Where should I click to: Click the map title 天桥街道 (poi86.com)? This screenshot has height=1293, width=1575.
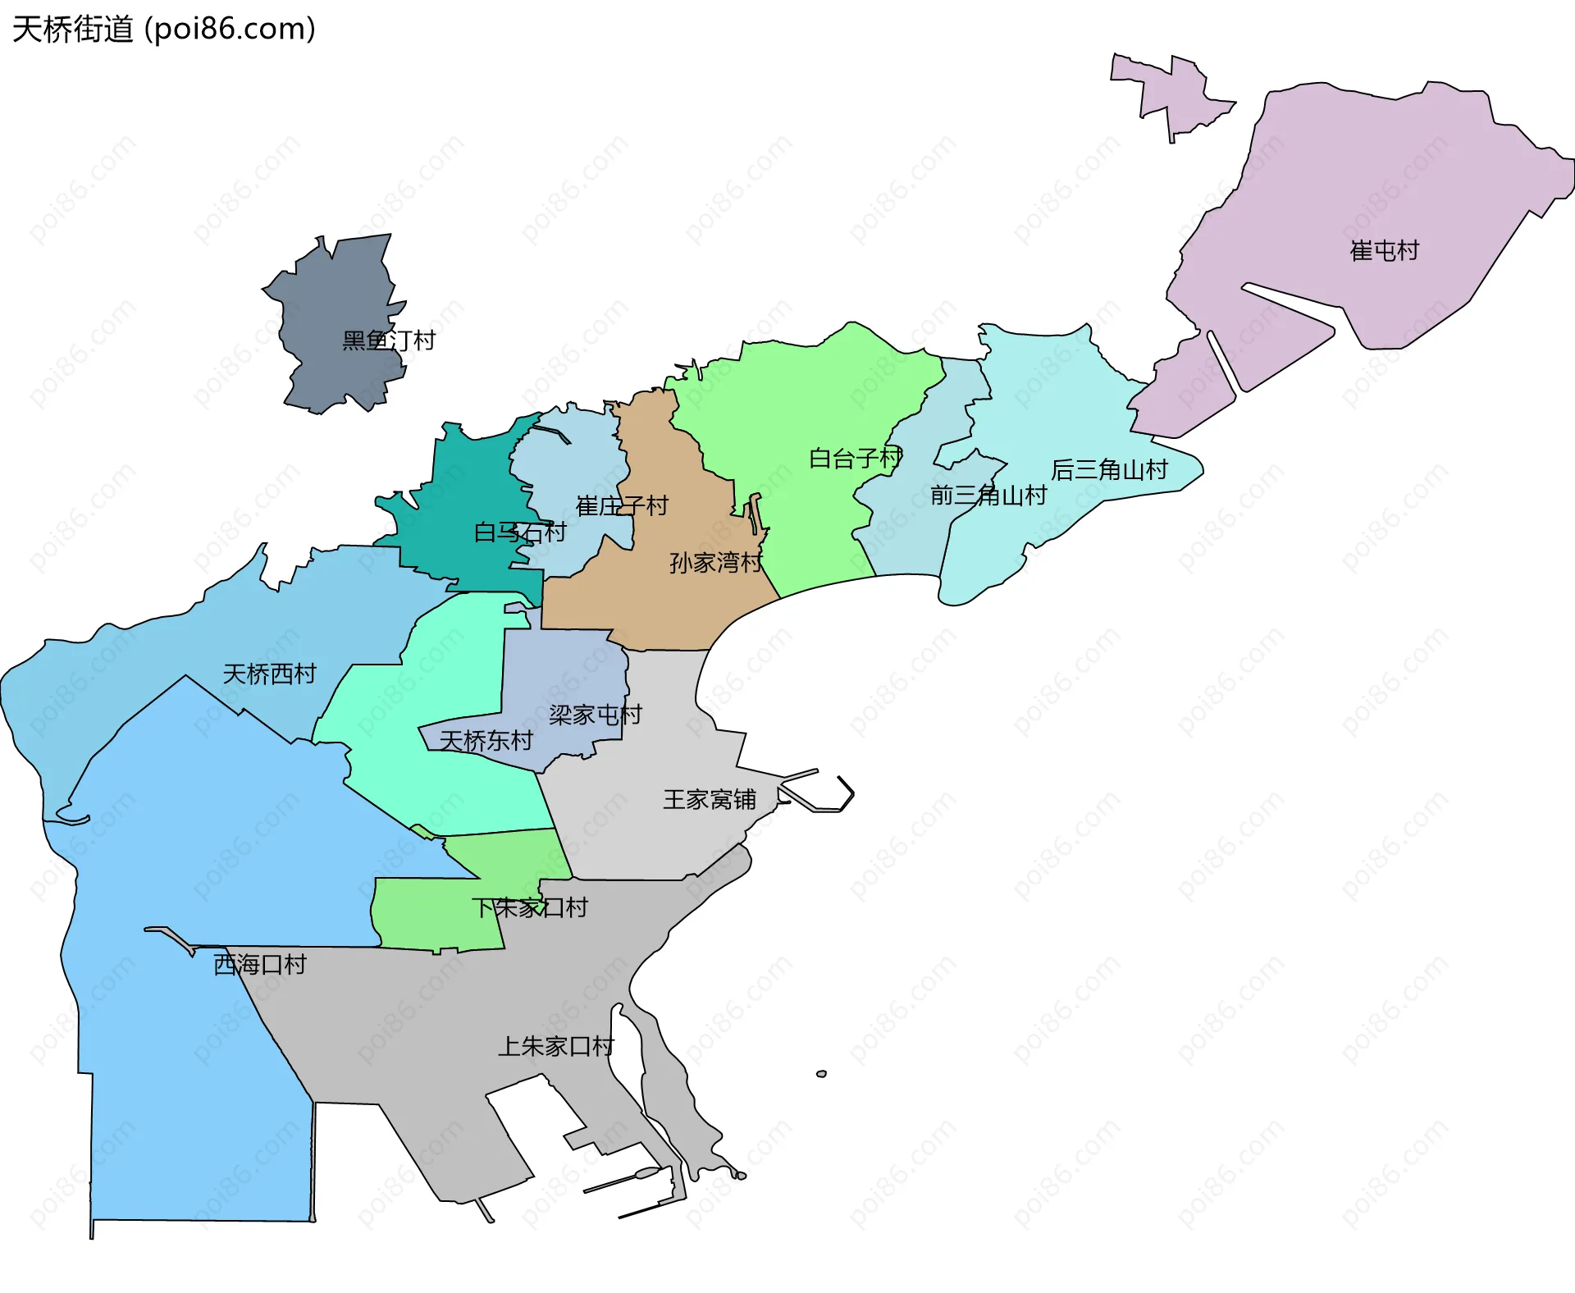tap(164, 30)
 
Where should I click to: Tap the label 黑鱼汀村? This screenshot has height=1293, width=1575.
tap(388, 340)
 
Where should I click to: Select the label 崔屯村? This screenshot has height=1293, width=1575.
tap(1384, 251)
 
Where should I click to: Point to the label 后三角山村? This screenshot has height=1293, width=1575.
tap(1109, 470)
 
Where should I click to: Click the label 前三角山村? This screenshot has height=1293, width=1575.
tap(988, 496)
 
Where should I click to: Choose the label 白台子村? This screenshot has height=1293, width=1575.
tap(855, 459)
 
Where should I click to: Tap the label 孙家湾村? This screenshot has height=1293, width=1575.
tap(715, 563)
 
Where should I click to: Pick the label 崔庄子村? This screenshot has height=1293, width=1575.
tap(622, 506)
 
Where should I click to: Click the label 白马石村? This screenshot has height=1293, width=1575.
tap(519, 533)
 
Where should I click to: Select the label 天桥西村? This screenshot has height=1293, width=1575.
tap(269, 674)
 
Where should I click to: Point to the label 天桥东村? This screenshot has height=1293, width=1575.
tap(486, 742)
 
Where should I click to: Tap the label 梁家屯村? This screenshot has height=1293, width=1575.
tap(595, 715)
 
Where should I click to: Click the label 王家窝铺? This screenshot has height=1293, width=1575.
tap(709, 800)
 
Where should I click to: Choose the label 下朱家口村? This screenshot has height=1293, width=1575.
tap(529, 908)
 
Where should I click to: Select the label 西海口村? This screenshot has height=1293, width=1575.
tap(259, 965)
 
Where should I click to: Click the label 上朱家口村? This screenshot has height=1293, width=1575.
tap(555, 1047)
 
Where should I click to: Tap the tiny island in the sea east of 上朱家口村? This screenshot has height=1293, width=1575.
tap(821, 1074)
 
